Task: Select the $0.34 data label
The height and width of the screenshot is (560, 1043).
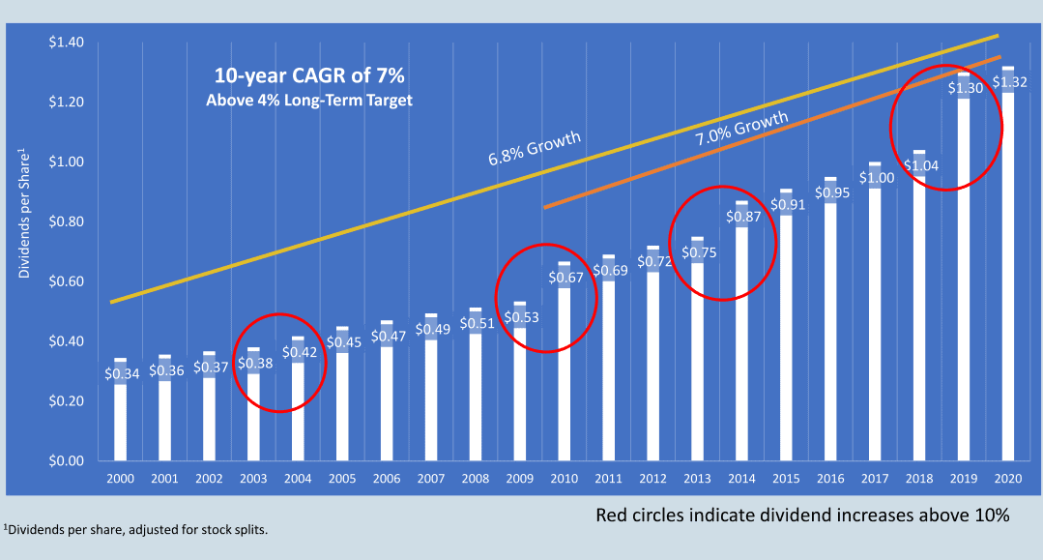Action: (122, 373)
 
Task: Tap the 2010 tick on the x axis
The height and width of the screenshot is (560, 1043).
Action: (565, 478)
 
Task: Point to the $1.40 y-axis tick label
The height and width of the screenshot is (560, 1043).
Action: (66, 42)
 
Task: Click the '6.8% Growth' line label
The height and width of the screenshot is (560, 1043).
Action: (535, 148)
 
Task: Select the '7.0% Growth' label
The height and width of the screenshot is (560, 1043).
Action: (741, 129)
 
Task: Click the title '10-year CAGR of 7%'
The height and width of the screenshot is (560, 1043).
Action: (309, 75)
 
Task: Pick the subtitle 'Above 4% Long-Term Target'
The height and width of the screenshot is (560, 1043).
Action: (309, 100)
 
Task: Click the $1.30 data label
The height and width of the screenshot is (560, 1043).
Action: (965, 87)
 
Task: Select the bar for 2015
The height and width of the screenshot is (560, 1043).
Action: (786, 325)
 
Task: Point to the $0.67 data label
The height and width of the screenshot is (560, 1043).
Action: (565, 277)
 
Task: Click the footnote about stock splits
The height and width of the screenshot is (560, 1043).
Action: (135, 530)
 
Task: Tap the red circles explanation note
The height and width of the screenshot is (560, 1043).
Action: (802, 515)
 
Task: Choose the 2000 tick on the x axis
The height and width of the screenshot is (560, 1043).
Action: (121, 478)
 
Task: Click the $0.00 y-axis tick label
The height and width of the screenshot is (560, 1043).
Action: (66, 460)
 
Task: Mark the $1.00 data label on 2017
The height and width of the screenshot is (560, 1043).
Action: (877, 178)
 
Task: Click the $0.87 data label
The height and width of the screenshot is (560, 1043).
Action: (743, 217)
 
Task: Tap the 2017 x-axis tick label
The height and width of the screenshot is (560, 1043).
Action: (875, 478)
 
